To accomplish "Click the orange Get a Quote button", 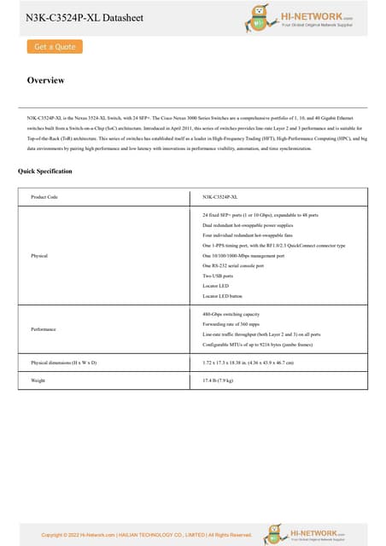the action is (54, 47).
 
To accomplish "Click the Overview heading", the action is (45, 80).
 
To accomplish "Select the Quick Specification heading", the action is (44, 171).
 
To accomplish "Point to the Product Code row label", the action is (44, 197).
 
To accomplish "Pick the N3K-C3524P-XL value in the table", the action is (219, 197).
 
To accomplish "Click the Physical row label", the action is (39, 255).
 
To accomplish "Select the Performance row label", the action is (44, 328).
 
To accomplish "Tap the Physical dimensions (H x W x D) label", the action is (64, 363).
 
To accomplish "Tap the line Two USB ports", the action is (218, 276).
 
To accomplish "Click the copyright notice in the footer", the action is (147, 535).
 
